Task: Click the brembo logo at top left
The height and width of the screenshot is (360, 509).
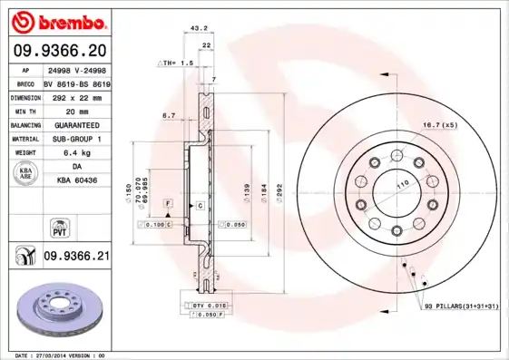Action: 59,20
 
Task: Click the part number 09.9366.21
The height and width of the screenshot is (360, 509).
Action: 76,258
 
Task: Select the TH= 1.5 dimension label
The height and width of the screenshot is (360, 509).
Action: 178,63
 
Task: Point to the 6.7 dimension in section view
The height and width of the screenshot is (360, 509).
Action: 168,116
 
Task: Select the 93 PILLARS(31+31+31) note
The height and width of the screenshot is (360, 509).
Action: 461,308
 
